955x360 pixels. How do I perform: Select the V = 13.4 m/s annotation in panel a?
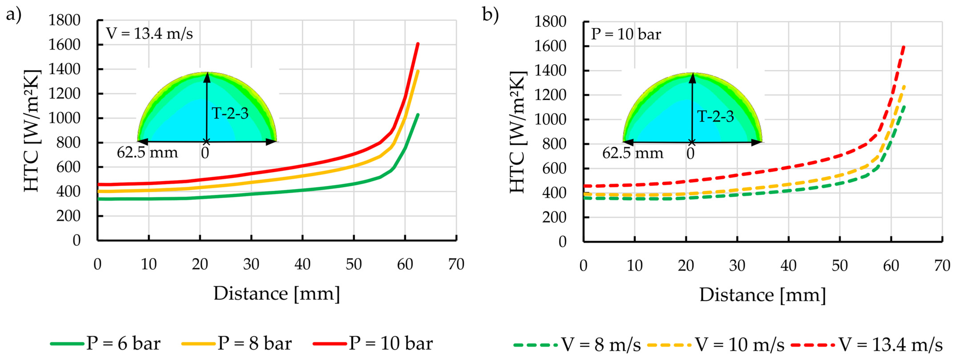[x=149, y=34]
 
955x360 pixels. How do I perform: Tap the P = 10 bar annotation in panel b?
[x=626, y=35]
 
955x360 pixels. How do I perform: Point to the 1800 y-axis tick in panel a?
[x=64, y=20]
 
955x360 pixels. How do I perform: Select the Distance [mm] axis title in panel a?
[x=277, y=294]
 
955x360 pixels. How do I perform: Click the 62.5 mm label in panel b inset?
[x=632, y=153]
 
